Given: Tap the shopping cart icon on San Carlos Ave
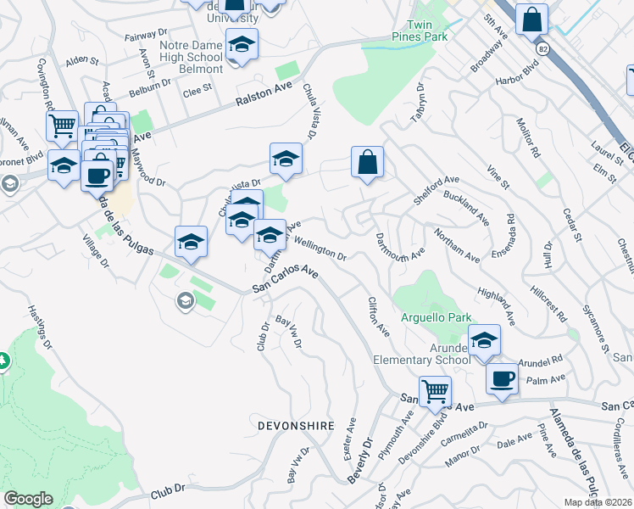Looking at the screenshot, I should (x=435, y=391).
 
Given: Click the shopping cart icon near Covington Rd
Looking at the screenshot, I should (x=63, y=126).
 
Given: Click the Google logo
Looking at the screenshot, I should (x=28, y=499).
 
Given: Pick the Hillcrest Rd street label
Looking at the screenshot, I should (x=549, y=301).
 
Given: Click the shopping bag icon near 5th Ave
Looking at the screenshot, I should (x=531, y=20).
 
